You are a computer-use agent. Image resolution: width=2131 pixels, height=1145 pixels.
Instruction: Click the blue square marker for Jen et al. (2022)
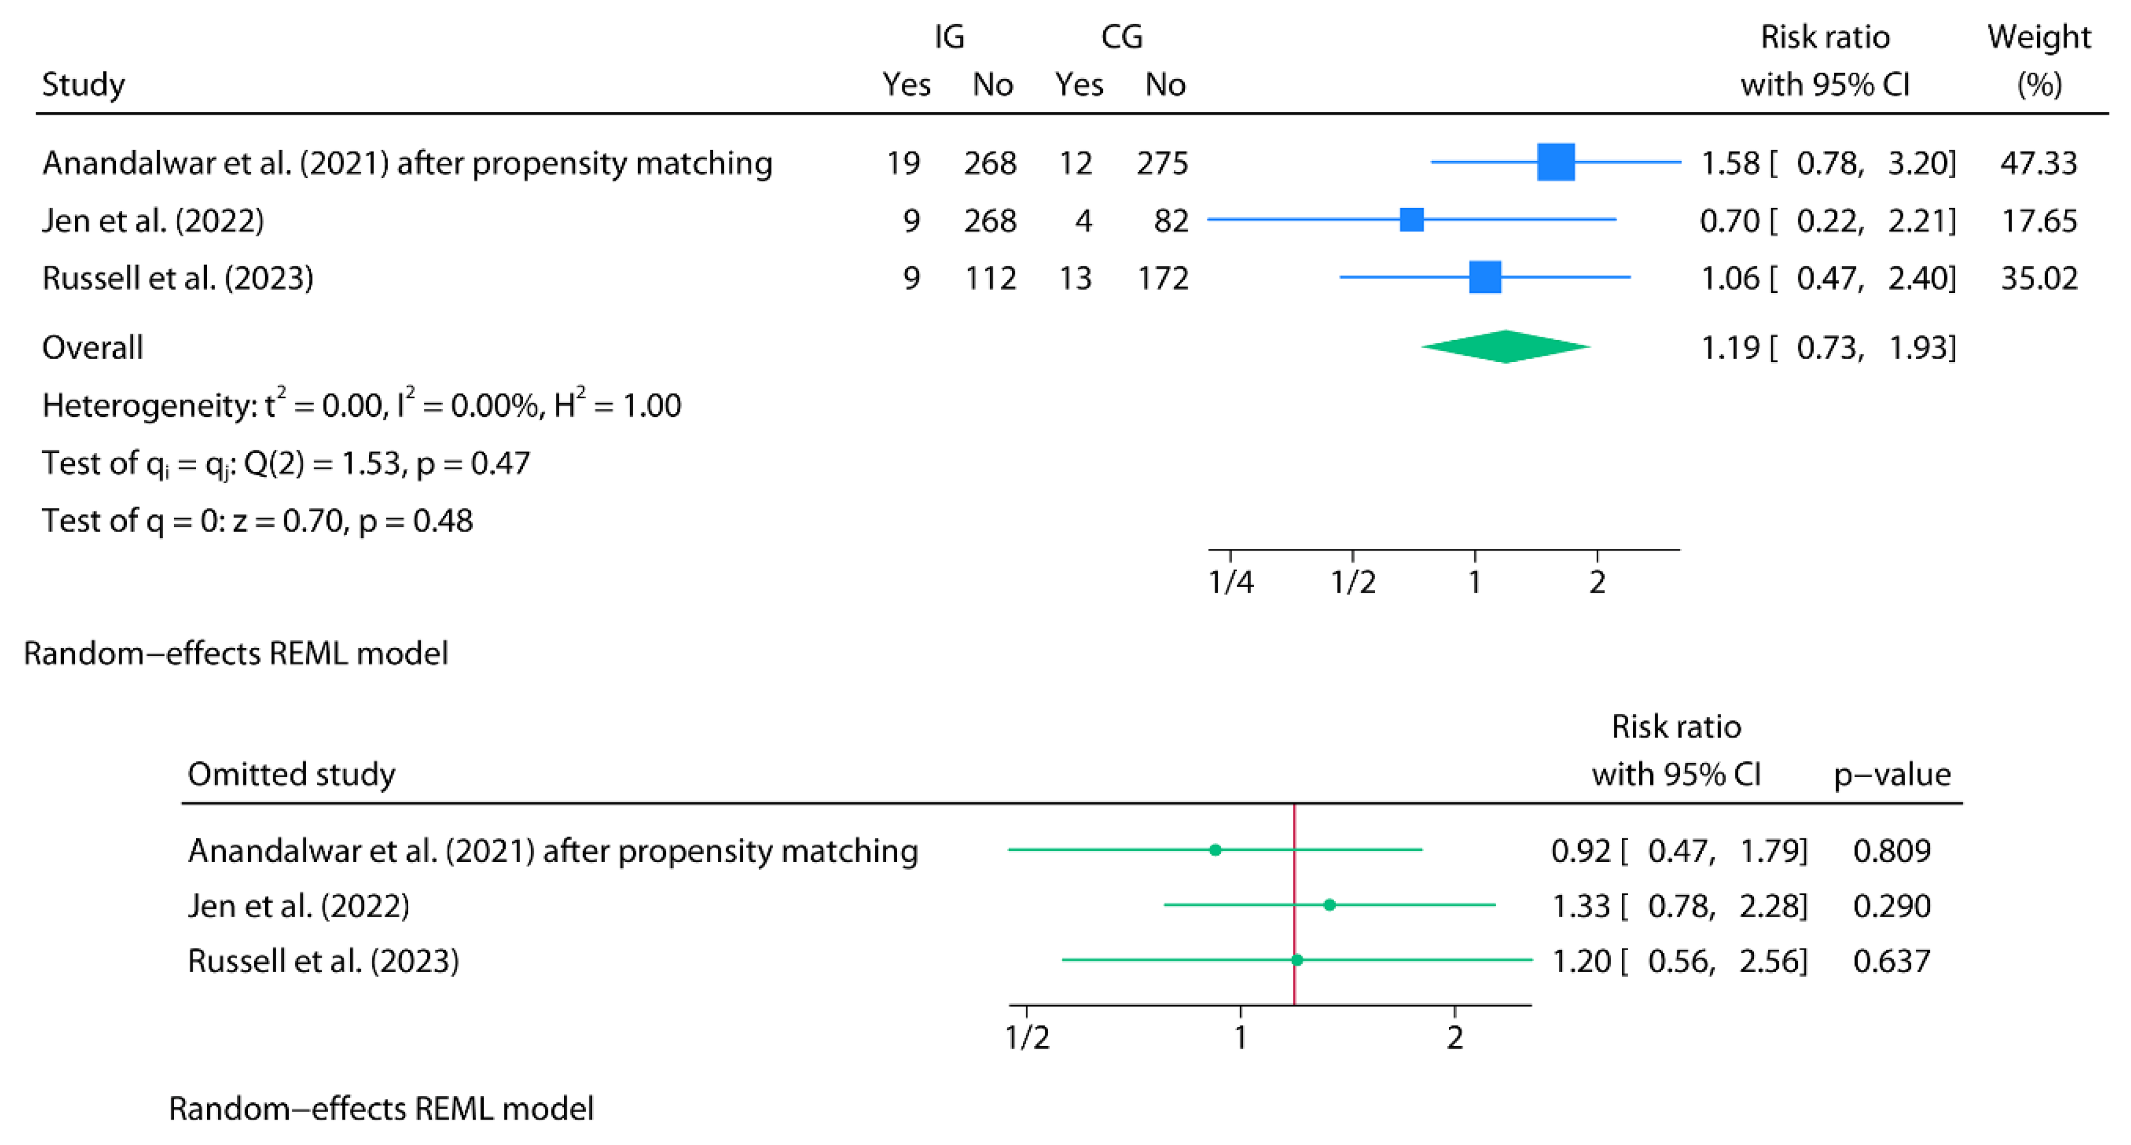coord(1411,220)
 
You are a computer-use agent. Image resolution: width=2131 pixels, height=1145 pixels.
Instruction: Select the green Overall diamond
coord(1505,346)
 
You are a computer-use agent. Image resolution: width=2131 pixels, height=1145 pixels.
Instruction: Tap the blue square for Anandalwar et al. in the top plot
coord(1555,162)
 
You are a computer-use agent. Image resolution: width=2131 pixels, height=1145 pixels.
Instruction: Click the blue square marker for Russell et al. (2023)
coord(1485,277)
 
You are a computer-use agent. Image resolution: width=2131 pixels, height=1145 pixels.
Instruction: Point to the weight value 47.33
coord(2038,163)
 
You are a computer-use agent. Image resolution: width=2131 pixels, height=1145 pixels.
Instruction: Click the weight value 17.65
coord(2038,221)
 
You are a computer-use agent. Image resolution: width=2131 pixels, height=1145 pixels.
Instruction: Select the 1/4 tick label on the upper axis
coord(1230,582)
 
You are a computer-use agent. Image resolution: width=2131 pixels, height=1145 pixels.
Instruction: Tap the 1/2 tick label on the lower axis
coord(1027,1037)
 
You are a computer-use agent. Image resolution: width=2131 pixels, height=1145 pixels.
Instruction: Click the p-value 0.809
coord(1891,850)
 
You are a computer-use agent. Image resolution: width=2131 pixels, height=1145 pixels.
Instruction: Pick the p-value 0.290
coord(1891,906)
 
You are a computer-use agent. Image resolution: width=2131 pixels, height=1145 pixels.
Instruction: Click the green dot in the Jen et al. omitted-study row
coord(1330,905)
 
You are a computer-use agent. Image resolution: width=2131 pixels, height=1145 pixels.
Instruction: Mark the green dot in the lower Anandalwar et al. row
coord(1215,850)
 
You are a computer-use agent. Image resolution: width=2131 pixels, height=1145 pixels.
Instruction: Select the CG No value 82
coord(1170,221)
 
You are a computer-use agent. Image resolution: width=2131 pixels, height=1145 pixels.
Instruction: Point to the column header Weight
coord(2038,38)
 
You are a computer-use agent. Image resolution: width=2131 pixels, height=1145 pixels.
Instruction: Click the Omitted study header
coord(291,774)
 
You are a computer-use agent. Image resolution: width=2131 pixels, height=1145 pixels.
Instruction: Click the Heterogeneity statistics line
coord(362,405)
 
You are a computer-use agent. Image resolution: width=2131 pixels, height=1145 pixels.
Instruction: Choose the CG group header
coord(1122,37)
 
